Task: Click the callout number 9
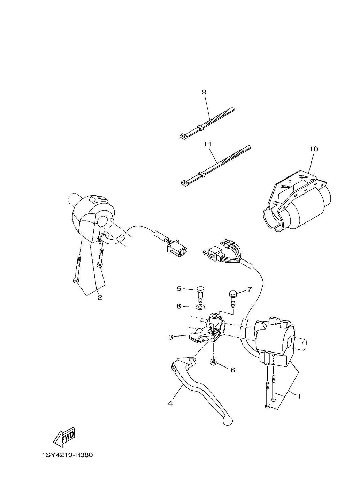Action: point(204,92)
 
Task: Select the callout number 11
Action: point(207,144)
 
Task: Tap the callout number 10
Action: point(314,149)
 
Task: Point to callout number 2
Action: point(100,297)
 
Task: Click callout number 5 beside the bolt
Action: point(179,288)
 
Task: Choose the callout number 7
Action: point(249,289)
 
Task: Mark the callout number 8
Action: point(178,306)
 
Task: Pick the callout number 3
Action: point(170,337)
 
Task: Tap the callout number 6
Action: point(232,370)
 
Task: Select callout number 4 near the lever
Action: point(170,403)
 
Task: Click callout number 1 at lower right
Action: point(299,396)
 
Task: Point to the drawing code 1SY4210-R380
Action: point(68,455)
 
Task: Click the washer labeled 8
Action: point(200,307)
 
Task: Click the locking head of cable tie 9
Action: point(183,136)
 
